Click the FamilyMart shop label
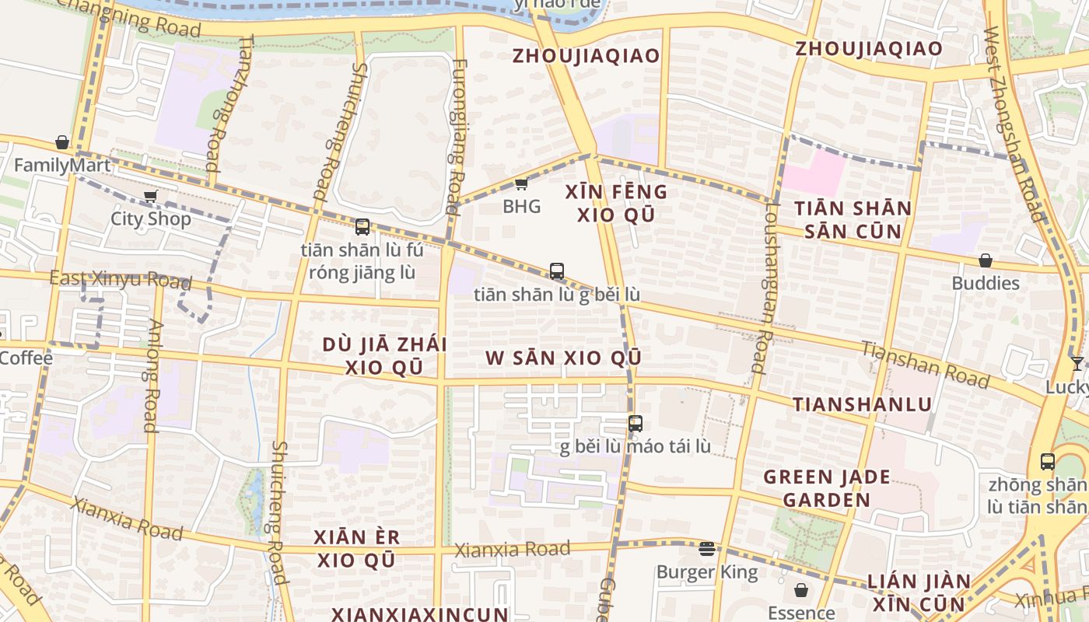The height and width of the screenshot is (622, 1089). tap(62, 166)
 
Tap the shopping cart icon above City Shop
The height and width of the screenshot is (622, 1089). tap(150, 197)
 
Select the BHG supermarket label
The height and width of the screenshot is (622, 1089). tap(521, 207)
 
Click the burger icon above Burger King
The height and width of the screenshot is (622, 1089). tap(706, 549)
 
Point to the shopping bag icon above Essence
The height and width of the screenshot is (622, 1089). tap(801, 590)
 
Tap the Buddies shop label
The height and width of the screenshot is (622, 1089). tap(986, 283)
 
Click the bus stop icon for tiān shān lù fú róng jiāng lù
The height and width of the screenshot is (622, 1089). tap(362, 227)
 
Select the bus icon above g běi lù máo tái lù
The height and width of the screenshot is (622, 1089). tap(636, 424)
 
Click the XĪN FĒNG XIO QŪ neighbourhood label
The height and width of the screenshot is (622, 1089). tap(616, 203)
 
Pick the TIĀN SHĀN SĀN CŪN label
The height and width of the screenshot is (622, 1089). tap(853, 219)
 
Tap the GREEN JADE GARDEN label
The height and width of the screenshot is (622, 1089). tap(826, 488)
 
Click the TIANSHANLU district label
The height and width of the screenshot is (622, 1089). tap(862, 404)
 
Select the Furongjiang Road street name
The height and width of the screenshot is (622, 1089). tap(457, 136)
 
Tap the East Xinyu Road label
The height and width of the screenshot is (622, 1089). tap(109, 278)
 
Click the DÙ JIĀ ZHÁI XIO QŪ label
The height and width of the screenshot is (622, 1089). tap(384, 355)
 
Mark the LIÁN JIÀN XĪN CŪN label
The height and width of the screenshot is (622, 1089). tap(919, 592)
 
